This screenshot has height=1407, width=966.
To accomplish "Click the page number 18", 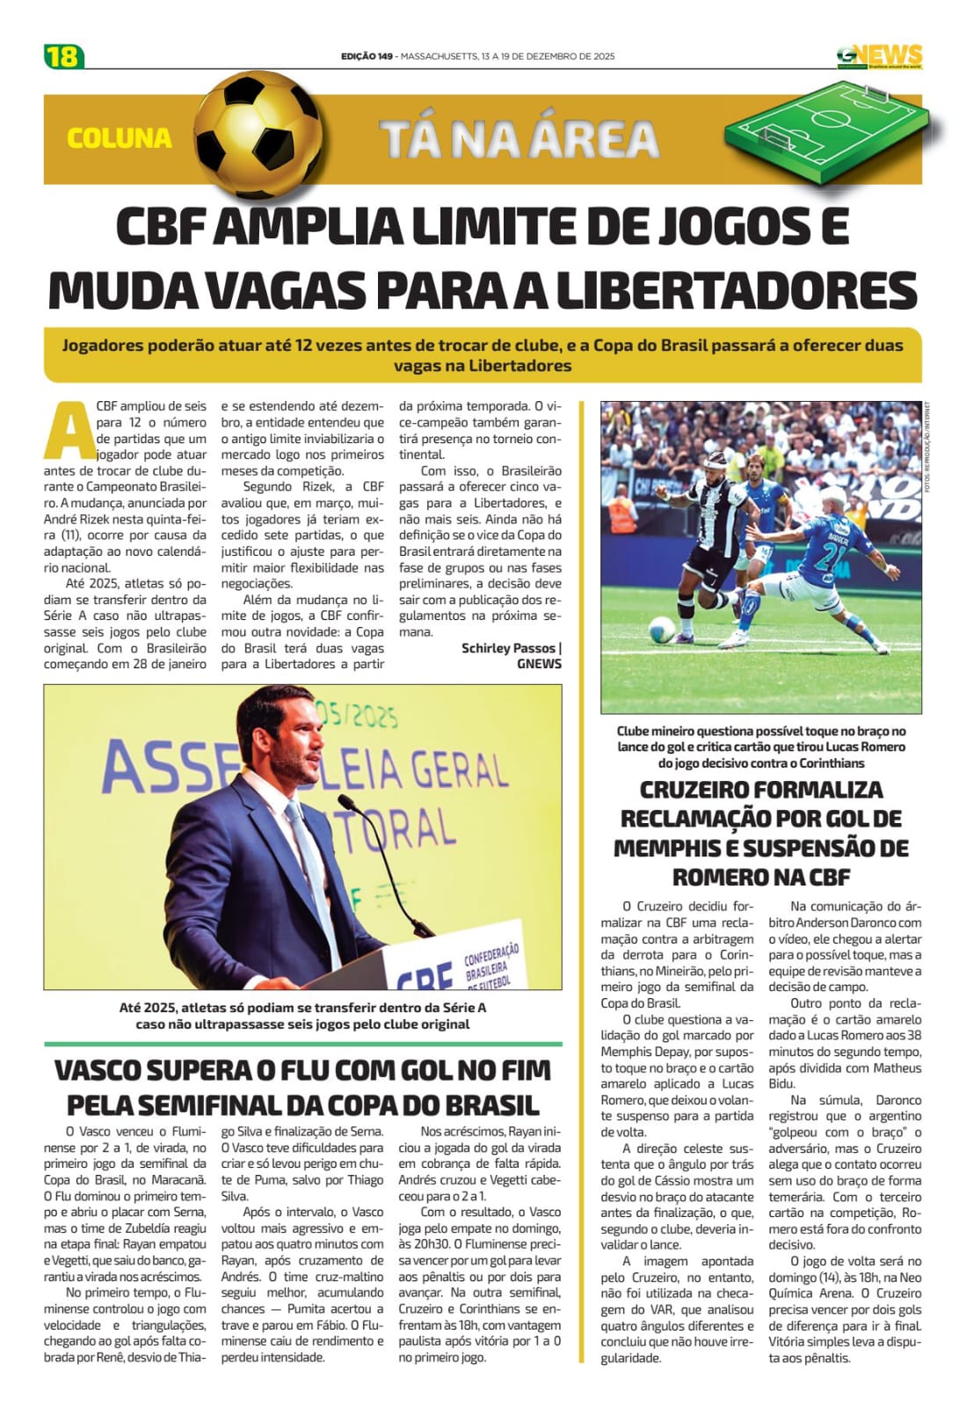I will (63, 56).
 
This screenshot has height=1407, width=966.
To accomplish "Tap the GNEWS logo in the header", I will (879, 57).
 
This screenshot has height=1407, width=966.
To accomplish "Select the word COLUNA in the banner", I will (120, 138).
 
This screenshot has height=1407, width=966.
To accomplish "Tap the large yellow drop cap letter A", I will (67, 431).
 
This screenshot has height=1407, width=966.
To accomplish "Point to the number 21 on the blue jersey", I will (831, 557).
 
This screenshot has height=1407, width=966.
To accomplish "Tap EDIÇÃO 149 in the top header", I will (367, 56).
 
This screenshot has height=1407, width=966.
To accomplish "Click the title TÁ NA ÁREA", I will (519, 139).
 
